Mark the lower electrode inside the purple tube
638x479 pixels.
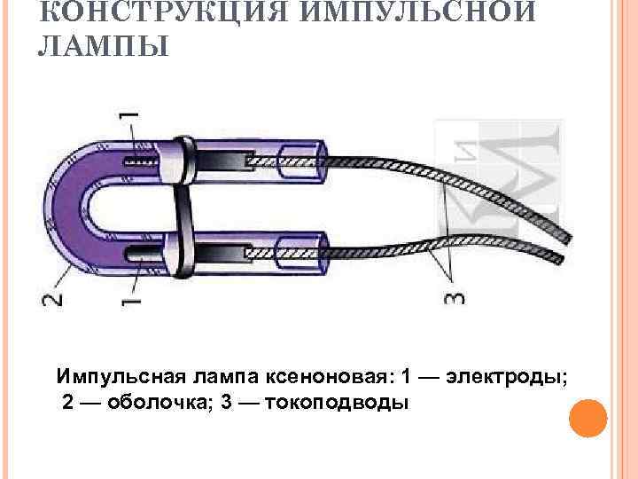[x=142, y=253]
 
